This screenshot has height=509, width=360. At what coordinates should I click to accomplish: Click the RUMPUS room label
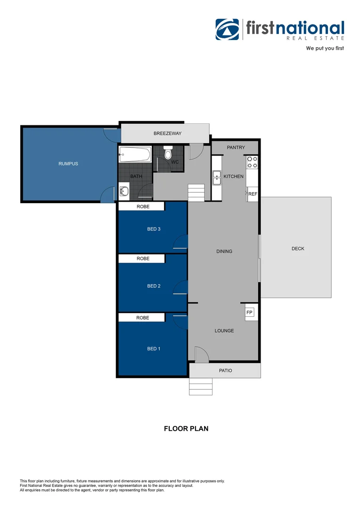point(68,164)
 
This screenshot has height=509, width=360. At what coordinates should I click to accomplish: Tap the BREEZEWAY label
point(167,134)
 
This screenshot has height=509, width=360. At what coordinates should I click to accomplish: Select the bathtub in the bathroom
point(135,154)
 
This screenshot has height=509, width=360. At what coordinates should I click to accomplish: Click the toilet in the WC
point(168,154)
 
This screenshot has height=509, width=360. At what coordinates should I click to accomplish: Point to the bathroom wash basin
point(123,191)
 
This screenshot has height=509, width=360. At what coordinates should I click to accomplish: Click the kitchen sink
point(217,178)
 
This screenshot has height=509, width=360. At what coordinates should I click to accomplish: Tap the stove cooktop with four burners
point(252,162)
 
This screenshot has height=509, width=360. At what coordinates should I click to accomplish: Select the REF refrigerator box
point(253,194)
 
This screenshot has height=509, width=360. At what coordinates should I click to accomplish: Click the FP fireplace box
point(249,312)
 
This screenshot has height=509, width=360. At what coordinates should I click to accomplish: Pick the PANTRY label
point(236,148)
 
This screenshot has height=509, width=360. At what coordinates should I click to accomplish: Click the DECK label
point(298,248)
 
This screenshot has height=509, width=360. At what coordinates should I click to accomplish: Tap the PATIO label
point(225,370)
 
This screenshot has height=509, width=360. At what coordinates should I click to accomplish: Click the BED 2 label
point(154,286)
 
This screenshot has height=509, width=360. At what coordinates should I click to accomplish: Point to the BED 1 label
point(154,349)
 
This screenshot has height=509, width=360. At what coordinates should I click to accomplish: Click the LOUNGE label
point(224,331)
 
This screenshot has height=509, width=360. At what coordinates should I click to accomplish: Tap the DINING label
point(224,251)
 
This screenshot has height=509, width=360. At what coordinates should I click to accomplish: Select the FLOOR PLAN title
point(186,429)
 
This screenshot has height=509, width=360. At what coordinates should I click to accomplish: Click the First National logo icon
point(228,30)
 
